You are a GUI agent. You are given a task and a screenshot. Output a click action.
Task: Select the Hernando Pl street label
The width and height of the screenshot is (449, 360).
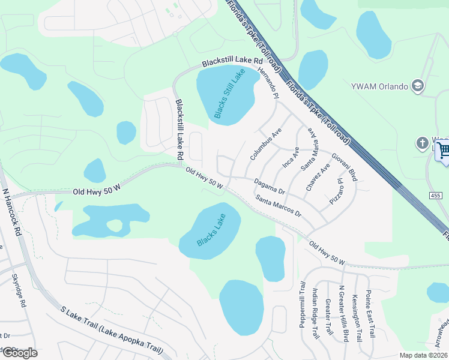click(x=268, y=83)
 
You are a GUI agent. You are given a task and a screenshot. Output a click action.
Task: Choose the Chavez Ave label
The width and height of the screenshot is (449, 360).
click(x=318, y=177)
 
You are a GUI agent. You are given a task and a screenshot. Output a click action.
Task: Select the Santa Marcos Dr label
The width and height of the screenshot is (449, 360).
click(x=277, y=205)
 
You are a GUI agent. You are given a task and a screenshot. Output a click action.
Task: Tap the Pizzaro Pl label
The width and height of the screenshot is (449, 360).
click(x=336, y=191)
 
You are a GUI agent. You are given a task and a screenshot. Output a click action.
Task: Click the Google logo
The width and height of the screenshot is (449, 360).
click(x=19, y=352)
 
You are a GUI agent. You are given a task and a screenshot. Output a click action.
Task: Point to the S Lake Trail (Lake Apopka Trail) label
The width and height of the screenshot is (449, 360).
click(x=112, y=330)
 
